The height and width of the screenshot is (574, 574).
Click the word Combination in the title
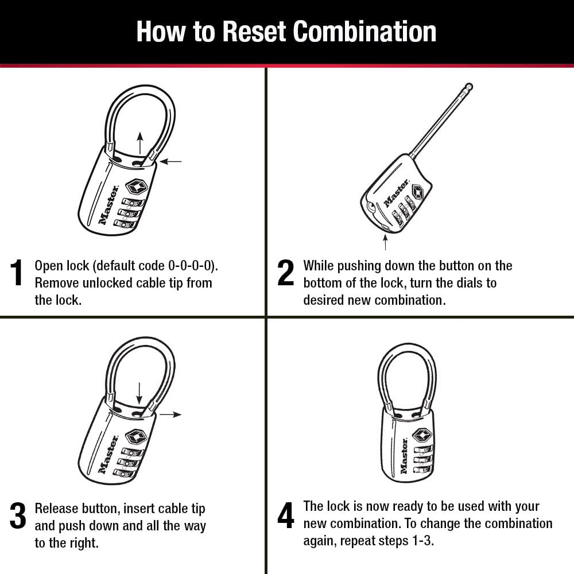(365, 32)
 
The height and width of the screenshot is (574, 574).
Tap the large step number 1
(18, 273)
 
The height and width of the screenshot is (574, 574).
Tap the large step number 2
(285, 273)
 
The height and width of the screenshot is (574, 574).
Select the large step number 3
(18, 516)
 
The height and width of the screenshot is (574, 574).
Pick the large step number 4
(285, 516)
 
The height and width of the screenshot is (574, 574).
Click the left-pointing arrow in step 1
(170, 162)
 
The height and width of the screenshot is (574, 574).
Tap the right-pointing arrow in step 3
(170, 414)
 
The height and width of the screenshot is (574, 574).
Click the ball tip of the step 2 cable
(469, 87)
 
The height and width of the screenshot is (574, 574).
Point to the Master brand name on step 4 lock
(404, 456)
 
